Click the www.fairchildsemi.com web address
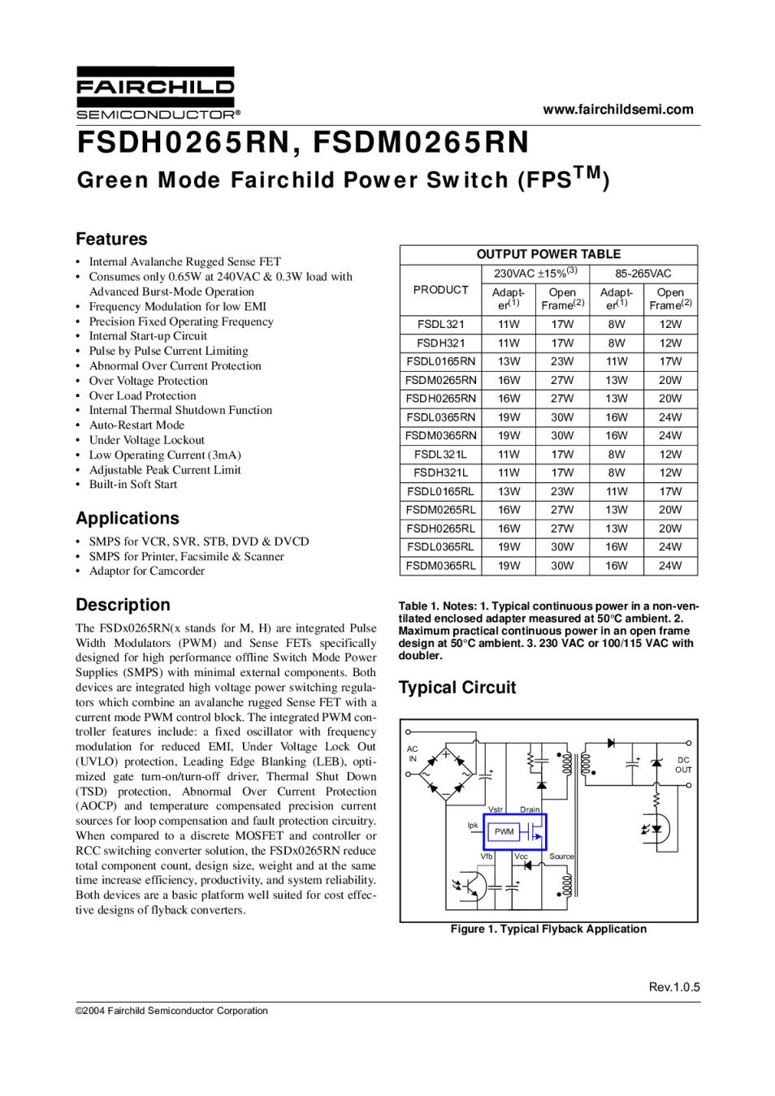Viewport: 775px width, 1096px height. [x=617, y=110]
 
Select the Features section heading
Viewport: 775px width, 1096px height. [x=111, y=239]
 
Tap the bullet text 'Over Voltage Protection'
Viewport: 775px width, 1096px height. [x=148, y=381]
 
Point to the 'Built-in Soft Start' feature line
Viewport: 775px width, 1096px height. [x=132, y=485]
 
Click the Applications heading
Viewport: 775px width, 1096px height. [x=127, y=519]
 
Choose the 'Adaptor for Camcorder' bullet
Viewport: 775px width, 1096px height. [x=146, y=572]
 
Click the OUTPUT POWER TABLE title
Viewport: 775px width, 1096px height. [x=548, y=254]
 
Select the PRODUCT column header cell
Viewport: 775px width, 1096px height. [x=440, y=290]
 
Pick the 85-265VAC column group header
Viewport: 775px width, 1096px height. [x=643, y=274]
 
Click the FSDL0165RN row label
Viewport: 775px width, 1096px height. [x=440, y=361]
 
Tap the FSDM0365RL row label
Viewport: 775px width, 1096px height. [x=440, y=566]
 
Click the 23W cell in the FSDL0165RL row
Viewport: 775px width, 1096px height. [x=562, y=491]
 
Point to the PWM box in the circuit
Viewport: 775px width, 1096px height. [x=504, y=831]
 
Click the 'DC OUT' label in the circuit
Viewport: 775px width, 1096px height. [x=683, y=765]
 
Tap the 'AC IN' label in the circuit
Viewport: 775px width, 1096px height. [x=413, y=754]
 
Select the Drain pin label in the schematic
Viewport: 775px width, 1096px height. [x=530, y=809]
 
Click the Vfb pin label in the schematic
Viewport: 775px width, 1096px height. [x=486, y=857]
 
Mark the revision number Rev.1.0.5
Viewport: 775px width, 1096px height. [x=673, y=987]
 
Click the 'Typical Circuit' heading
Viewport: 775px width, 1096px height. [x=457, y=688]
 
